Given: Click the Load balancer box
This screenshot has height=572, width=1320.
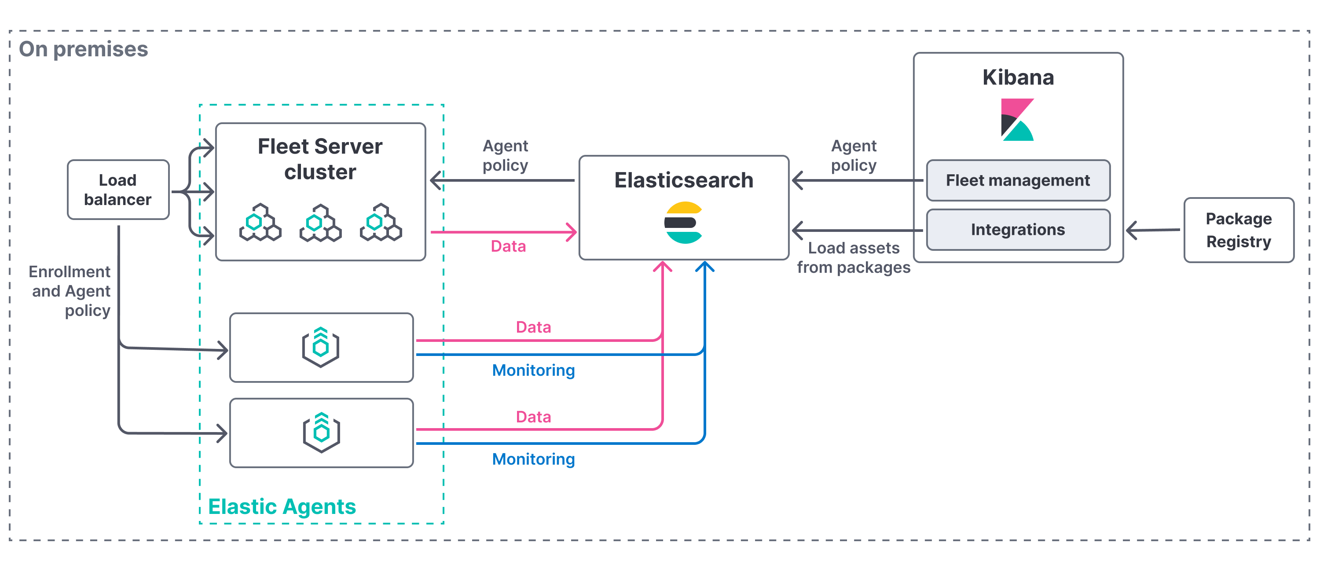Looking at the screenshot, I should click(118, 190).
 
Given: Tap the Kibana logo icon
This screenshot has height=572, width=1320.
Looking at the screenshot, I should click(1017, 120).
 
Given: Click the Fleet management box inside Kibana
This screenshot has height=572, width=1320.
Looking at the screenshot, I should click(1018, 180).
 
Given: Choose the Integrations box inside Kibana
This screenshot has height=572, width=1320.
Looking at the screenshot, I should click(1018, 230).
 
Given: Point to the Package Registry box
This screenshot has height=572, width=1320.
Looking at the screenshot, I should click(1239, 230).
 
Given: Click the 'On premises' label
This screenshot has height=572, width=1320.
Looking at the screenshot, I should click(83, 49).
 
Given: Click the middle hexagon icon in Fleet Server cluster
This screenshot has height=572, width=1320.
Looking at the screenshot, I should click(320, 223).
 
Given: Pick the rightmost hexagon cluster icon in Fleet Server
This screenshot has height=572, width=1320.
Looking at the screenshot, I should click(381, 223).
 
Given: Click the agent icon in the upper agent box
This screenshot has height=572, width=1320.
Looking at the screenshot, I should click(321, 347).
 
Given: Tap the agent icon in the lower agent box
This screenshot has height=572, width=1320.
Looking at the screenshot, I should click(321, 433).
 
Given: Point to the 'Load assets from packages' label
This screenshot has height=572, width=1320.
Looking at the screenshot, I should click(853, 258).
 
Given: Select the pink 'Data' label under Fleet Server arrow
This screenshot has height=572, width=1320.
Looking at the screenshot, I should click(508, 246).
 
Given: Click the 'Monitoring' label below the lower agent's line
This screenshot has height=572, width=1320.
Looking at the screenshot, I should click(533, 459).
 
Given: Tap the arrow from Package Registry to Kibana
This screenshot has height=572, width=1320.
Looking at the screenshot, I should click(1153, 230).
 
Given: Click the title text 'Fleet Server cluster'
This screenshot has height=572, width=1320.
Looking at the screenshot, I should click(320, 159).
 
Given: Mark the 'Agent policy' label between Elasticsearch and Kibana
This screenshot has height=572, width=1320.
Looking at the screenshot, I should click(854, 155).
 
